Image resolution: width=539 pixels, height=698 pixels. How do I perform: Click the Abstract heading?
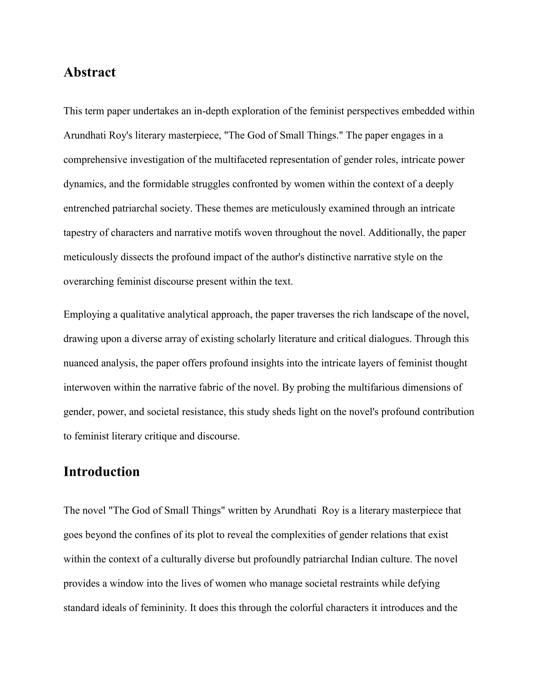pyautogui.click(x=89, y=72)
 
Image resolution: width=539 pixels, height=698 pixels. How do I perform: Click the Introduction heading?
pyautogui.click(x=102, y=472)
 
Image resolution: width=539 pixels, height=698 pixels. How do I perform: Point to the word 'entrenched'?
pyautogui.click(x=87, y=208)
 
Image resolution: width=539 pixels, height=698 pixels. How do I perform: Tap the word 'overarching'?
pyautogui.click(x=89, y=282)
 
